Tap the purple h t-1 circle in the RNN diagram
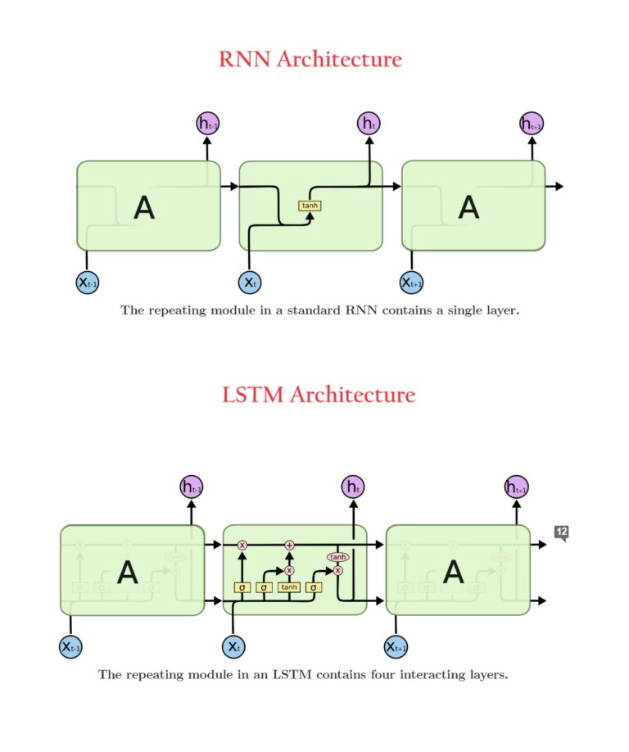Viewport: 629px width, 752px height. (207, 124)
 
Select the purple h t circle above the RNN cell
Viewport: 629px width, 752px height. (369, 124)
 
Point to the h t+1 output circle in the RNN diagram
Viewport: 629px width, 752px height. (532, 124)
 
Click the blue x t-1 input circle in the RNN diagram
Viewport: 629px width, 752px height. (87, 283)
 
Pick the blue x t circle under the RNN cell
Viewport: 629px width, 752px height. (250, 283)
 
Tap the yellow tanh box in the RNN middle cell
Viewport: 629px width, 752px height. (310, 206)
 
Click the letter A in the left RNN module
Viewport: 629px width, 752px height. (144, 208)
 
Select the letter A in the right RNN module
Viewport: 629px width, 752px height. (468, 208)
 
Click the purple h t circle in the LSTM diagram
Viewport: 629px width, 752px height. (353, 487)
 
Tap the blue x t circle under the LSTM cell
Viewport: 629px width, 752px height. (234, 647)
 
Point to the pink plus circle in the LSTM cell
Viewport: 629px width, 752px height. (289, 545)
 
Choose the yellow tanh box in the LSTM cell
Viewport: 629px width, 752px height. (289, 587)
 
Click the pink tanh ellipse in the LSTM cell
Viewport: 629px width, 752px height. (337, 556)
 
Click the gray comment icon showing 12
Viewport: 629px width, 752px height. (561, 532)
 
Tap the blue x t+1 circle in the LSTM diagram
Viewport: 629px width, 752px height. (396, 647)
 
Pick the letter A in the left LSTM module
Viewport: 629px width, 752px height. (128, 572)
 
